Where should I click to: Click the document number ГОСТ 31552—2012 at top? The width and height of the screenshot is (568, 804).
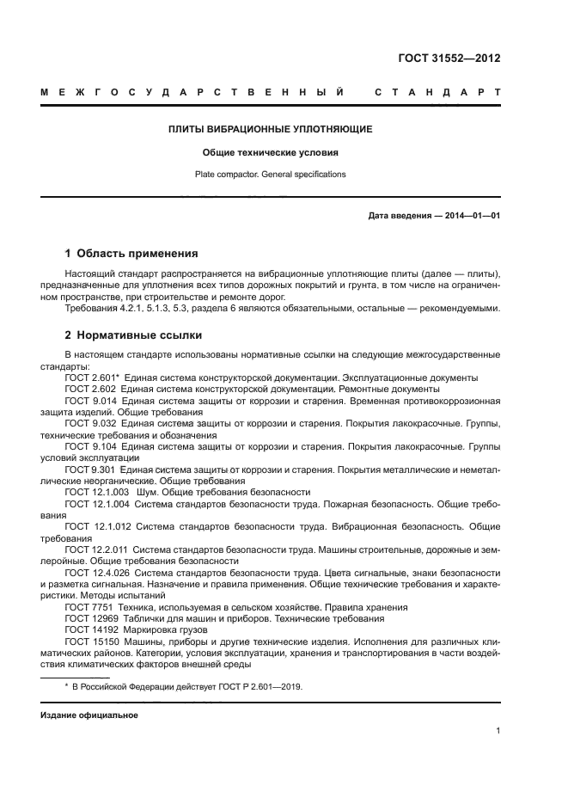(x=449, y=58)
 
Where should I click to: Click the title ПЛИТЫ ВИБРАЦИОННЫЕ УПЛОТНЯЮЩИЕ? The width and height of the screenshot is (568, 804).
(x=270, y=130)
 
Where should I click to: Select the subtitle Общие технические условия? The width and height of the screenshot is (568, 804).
(x=270, y=153)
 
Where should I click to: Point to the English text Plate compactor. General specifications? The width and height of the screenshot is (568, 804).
(x=270, y=175)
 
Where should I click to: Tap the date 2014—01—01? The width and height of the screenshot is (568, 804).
(x=472, y=216)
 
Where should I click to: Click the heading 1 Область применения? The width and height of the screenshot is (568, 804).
(x=131, y=254)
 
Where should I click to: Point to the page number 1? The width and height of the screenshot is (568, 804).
(x=498, y=731)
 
